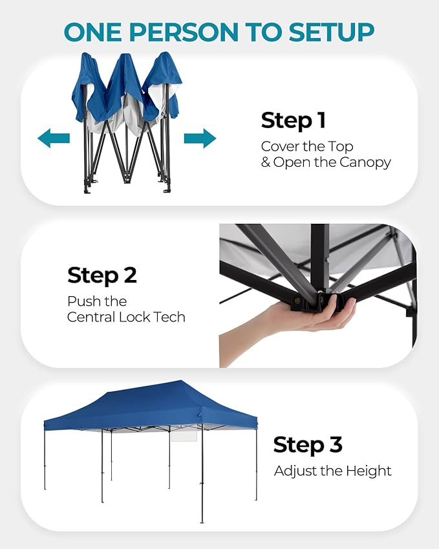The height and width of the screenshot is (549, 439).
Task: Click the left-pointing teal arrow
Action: tap(54, 138)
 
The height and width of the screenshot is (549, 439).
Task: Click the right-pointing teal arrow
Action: tap(200, 138)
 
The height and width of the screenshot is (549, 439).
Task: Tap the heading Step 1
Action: tap(294, 120)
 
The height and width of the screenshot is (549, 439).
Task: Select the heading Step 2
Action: tap(102, 275)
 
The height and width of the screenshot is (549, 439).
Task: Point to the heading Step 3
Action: tap(308, 445)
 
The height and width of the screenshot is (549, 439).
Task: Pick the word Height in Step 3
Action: tap(369, 471)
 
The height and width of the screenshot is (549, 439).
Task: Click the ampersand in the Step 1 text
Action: tap(266, 162)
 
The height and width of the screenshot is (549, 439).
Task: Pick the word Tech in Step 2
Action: tap(169, 317)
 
